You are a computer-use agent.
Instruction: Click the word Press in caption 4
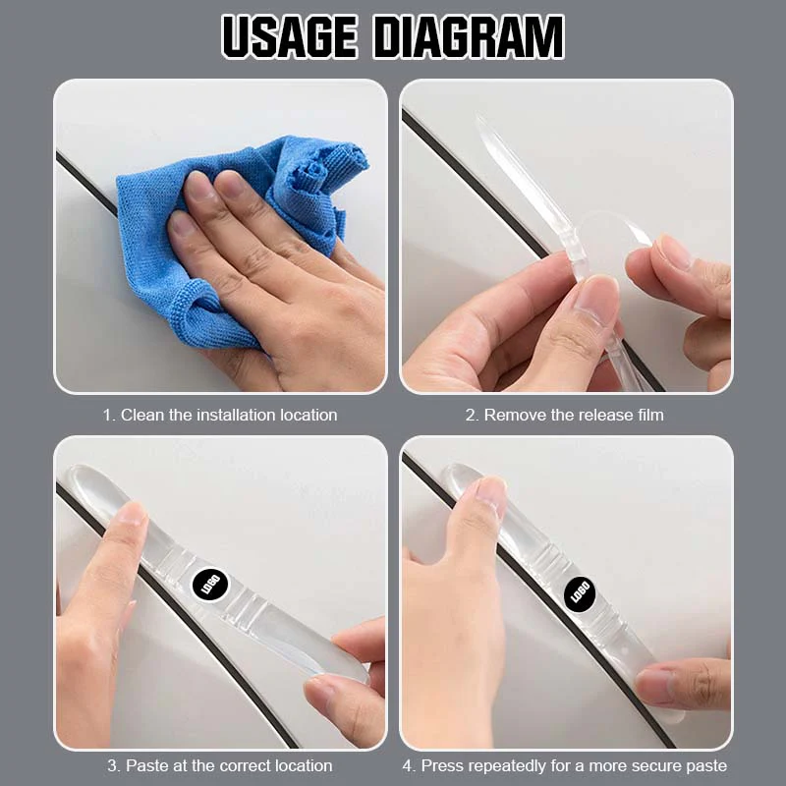point(445,764)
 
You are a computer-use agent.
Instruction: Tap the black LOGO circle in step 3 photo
point(209,587)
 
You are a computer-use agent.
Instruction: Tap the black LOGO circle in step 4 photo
point(580,592)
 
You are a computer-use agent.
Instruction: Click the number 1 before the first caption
point(108,415)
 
